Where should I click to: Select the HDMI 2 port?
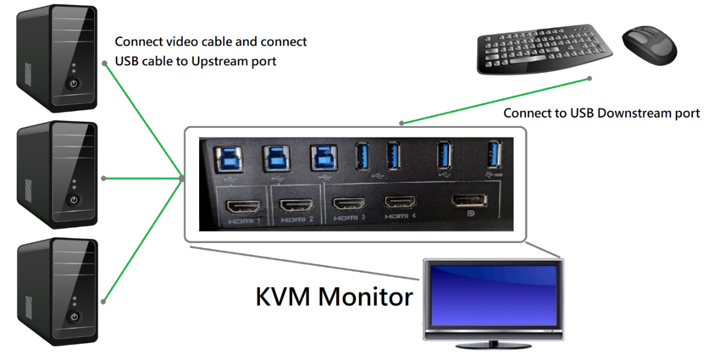[x=295, y=205]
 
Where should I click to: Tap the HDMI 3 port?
[x=349, y=204]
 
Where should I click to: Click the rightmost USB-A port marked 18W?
[x=494, y=154]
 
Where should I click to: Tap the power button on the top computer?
[x=74, y=83]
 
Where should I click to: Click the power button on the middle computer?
[x=74, y=199]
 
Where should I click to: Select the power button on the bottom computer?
[x=74, y=316]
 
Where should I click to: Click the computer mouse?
[x=650, y=46]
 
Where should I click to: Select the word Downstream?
[x=627, y=113]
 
